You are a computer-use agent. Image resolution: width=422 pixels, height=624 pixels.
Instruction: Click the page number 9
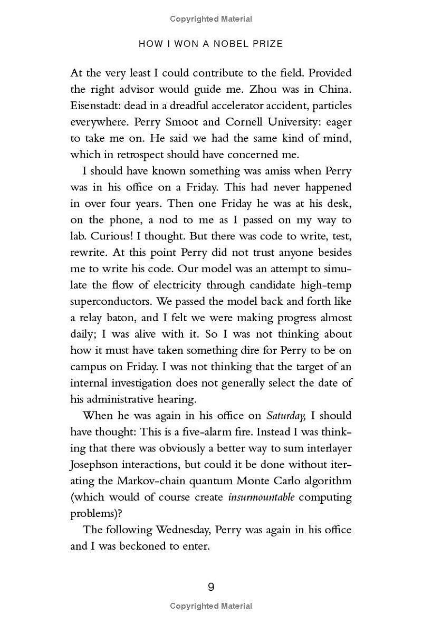(x=211, y=587)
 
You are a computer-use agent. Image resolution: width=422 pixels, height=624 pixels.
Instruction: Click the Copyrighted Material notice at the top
(x=211, y=19)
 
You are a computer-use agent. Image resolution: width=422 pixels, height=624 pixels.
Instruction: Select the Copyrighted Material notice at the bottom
(x=211, y=606)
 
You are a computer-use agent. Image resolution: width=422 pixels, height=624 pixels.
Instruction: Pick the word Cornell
(x=245, y=122)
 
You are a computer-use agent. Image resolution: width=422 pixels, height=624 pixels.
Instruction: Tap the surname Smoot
(x=180, y=122)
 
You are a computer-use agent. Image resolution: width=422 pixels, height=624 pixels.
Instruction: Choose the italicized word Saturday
(x=286, y=416)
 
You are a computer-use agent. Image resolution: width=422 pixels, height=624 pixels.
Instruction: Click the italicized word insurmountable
(x=261, y=497)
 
